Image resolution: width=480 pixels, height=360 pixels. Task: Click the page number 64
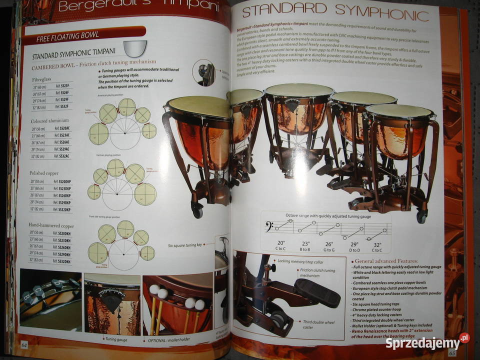click(24, 344)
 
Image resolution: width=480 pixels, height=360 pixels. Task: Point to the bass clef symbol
click(269, 229)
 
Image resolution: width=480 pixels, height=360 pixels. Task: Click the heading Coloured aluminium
click(50, 121)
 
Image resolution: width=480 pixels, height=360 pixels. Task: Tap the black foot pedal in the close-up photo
click(317, 292)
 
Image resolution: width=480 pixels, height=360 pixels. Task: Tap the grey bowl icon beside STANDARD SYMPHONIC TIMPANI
click(135, 48)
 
